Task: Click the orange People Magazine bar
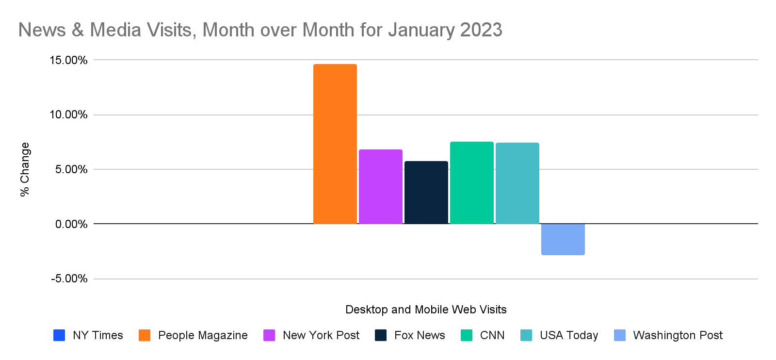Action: pos(335,144)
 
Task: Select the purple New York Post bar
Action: pos(381,187)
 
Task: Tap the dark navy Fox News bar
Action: pos(426,193)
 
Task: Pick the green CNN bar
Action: pos(472,183)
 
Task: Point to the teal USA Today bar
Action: pos(517,183)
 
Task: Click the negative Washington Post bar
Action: pos(563,239)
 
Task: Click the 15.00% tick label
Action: pos(68,60)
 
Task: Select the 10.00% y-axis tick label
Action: pos(68,115)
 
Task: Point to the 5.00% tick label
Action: pos(71,170)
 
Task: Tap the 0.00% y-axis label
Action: pos(71,224)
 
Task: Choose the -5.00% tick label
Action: pos(69,279)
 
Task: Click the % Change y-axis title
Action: pos(25,169)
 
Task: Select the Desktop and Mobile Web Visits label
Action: pos(426,310)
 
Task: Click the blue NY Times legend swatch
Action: pos(59,335)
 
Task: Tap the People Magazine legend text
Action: pos(203,335)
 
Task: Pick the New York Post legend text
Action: pos(321,335)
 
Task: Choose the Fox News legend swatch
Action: pos(381,335)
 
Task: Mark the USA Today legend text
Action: pos(569,335)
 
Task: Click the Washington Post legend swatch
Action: pos(620,335)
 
